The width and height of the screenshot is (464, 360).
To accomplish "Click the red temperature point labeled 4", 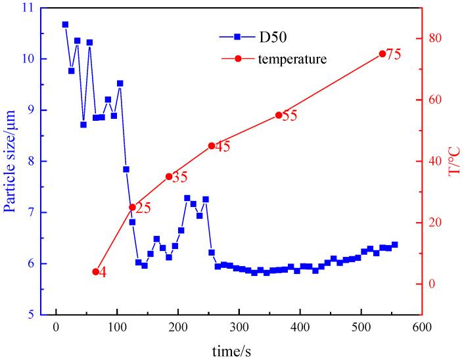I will click(x=96, y=271).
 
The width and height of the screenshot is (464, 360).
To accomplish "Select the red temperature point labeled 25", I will click(x=132, y=207).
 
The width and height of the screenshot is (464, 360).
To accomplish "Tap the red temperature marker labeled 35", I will click(x=169, y=176).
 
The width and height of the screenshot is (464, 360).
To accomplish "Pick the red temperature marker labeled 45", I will click(x=211, y=146).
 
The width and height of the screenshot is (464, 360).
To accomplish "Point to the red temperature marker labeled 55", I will click(x=279, y=115).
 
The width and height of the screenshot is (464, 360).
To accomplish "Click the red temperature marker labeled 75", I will click(x=383, y=54).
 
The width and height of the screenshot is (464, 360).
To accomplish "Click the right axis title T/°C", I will click(x=453, y=161).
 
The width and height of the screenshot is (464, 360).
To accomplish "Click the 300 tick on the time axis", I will click(x=239, y=326).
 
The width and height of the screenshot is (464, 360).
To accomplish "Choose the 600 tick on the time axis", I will click(x=422, y=326).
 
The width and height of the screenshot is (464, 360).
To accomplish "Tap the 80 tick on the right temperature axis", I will click(x=435, y=39).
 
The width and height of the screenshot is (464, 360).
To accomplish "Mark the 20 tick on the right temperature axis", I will click(x=435, y=223).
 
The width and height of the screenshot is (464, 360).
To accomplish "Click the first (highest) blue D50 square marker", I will click(x=65, y=24).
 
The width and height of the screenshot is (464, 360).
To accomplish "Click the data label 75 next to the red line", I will click(x=393, y=55).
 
